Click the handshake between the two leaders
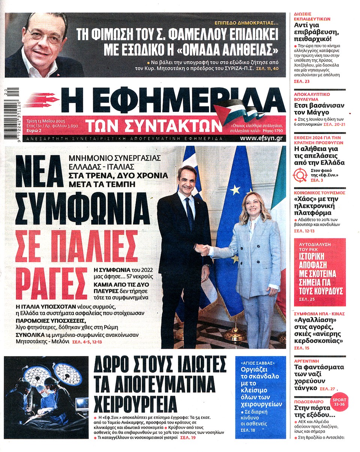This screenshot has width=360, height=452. click(x=203, y=250)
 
